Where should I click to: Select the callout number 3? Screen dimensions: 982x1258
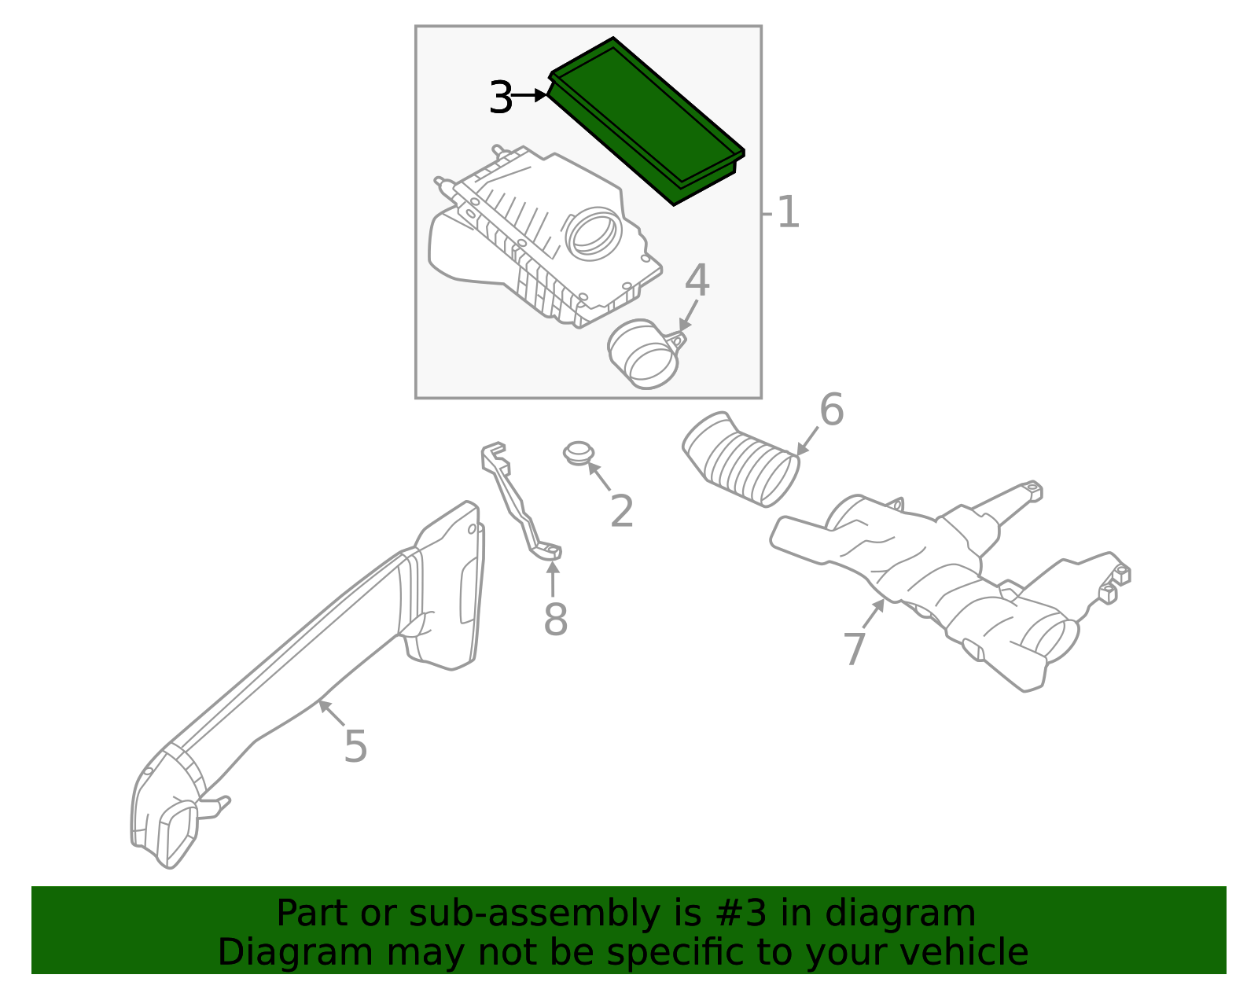coord(500,98)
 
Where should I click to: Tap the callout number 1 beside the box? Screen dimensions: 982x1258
coord(788,213)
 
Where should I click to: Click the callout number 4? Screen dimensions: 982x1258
coord(697,281)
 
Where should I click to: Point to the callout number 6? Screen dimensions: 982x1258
coord(831,410)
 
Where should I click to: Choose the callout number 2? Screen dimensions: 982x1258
coord(621,512)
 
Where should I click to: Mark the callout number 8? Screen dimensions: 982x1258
coord(555,620)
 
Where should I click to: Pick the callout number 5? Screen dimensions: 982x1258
coord(355,746)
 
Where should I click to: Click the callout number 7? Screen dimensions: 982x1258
coord(854,649)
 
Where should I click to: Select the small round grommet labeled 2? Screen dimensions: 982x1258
coord(579,454)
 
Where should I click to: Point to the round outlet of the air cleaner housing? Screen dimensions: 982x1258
coord(594,234)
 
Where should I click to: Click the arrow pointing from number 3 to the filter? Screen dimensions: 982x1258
coord(529,95)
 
